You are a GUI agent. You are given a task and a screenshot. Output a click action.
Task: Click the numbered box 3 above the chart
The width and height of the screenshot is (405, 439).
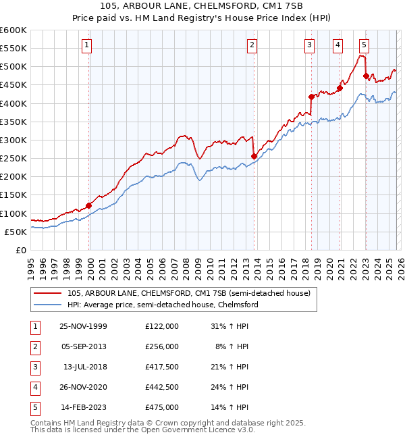point(309,45)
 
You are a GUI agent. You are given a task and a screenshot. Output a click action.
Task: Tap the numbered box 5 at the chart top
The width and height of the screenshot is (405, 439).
point(364,45)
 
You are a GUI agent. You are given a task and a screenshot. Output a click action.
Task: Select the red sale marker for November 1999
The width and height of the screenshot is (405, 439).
point(89,205)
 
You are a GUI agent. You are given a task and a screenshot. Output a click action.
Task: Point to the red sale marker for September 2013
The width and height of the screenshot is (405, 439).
point(254,157)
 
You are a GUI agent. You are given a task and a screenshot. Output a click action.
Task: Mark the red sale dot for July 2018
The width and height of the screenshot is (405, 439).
point(311,97)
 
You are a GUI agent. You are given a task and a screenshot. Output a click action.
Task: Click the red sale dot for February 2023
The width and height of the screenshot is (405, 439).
point(365,76)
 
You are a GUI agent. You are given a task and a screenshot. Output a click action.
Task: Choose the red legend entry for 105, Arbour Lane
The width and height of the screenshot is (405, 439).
point(189,293)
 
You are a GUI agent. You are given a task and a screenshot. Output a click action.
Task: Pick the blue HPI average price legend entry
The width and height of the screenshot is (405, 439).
point(163,305)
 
